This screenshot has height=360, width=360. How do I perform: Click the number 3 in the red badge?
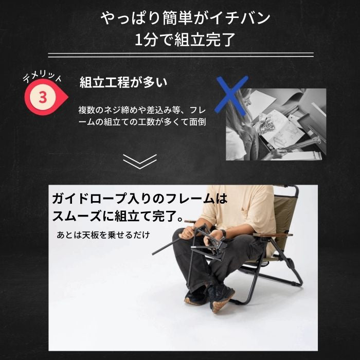click(x=43, y=97)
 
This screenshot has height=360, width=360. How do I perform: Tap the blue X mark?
click(x=231, y=95)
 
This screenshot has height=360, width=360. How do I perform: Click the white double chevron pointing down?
click(x=140, y=161)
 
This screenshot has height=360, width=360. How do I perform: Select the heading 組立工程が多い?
click(x=123, y=82)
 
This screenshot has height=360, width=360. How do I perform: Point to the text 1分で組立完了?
click(x=185, y=40)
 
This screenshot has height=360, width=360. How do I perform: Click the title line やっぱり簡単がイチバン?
click(x=186, y=18)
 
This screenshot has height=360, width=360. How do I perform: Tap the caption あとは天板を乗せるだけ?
click(x=103, y=235)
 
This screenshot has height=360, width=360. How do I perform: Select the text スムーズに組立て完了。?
click(x=118, y=216)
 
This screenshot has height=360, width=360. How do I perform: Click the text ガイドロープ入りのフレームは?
click(x=139, y=199)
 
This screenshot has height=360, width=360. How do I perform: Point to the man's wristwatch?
click(x=223, y=233)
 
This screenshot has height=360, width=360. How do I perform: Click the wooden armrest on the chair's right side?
click(x=273, y=235)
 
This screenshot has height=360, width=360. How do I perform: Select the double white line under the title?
click(x=181, y=55)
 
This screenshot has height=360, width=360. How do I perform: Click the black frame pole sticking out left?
click(x=166, y=246)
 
